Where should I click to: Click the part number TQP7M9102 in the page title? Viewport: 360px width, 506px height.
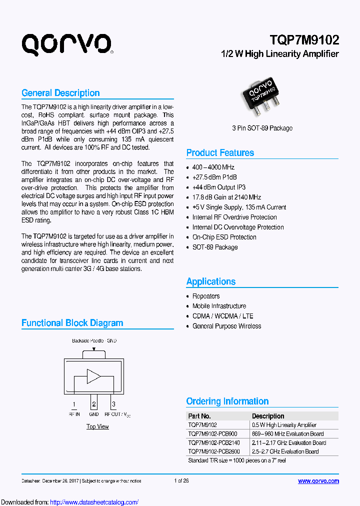coord(304,40)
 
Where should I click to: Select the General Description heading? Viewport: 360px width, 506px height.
coord(60,93)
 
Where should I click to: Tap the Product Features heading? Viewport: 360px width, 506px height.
coord(220,153)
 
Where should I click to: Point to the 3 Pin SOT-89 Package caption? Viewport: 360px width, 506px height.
coord(262,128)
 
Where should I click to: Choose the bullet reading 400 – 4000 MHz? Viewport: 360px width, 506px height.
coord(213,167)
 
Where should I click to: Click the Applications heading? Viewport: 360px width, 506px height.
coord(211,281)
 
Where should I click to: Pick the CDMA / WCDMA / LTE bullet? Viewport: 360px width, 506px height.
coord(222,316)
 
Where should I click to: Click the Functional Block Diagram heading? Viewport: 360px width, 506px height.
coord(72,323)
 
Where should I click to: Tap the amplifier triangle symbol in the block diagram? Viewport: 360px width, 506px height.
coord(93,376)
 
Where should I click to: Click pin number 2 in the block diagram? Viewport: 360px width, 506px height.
coord(93,404)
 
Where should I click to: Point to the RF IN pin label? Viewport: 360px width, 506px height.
coord(74,414)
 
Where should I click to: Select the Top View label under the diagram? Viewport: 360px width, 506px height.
coord(97,426)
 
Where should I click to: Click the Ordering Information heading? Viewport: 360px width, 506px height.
coord(227,401)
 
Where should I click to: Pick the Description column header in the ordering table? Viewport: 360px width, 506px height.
coord(268,416)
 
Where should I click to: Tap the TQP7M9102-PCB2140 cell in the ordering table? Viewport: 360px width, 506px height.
coord(214,442)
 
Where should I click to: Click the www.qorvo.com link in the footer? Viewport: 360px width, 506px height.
coord(318,481)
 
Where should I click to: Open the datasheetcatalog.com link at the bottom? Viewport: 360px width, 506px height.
coord(94,502)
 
